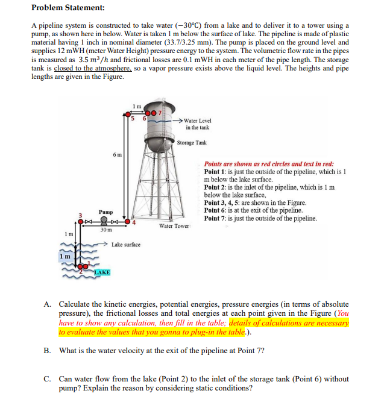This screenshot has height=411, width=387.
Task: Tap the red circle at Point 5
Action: (131, 114)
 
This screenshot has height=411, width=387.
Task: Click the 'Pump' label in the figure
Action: (106, 212)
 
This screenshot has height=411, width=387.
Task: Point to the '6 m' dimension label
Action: (117, 155)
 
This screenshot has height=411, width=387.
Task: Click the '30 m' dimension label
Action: (105, 230)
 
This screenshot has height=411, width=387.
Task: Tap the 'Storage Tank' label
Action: (192, 143)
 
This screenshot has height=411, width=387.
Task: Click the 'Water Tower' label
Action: (174, 226)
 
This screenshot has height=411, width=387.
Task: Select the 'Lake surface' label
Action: (126, 245)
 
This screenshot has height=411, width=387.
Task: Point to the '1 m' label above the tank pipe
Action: (137, 106)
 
